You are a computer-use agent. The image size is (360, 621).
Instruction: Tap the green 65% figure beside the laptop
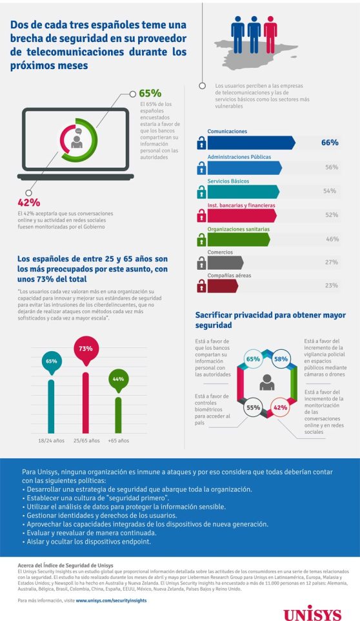pos(150,93)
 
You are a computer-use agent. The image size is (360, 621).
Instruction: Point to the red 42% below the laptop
pos(29,202)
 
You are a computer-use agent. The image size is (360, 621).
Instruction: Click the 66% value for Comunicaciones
pos(330,143)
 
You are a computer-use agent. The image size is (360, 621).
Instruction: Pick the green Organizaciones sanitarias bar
pos(238,239)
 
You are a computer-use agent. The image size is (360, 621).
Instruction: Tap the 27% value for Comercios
pos(332,262)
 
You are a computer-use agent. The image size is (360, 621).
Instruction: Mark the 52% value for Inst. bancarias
pos(332,215)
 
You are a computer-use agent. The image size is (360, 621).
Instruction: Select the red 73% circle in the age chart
pos(86,349)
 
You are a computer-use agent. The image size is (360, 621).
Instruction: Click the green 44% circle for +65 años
pos(117,379)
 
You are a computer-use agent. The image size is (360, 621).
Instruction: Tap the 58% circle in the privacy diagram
pos(281,358)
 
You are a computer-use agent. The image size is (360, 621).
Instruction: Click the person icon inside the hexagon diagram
pos(266,383)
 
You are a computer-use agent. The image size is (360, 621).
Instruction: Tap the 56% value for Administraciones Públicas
pos(332,167)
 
